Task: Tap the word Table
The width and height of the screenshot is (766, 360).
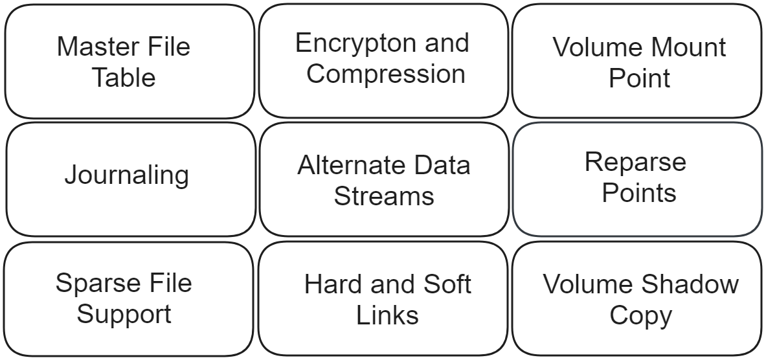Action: pyautogui.click(x=123, y=78)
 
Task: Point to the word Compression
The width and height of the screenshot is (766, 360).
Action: pyautogui.click(x=386, y=74)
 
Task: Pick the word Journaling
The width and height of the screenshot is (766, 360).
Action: pyautogui.click(x=127, y=175)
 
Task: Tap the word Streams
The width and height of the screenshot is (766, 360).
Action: pyautogui.click(x=384, y=196)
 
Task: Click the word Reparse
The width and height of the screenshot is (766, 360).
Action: pyautogui.click(x=635, y=162)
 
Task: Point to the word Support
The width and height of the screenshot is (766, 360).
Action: pyautogui.click(x=124, y=315)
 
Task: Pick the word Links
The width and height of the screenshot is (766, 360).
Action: pyautogui.click(x=387, y=315)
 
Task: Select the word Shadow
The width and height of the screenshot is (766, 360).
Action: pyautogui.click(x=691, y=284)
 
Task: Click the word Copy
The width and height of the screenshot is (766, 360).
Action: pyautogui.click(x=640, y=315)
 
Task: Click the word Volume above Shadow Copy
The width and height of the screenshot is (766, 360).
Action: pyautogui.click(x=589, y=284)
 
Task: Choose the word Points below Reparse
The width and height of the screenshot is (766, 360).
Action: pyautogui.click(x=639, y=193)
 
